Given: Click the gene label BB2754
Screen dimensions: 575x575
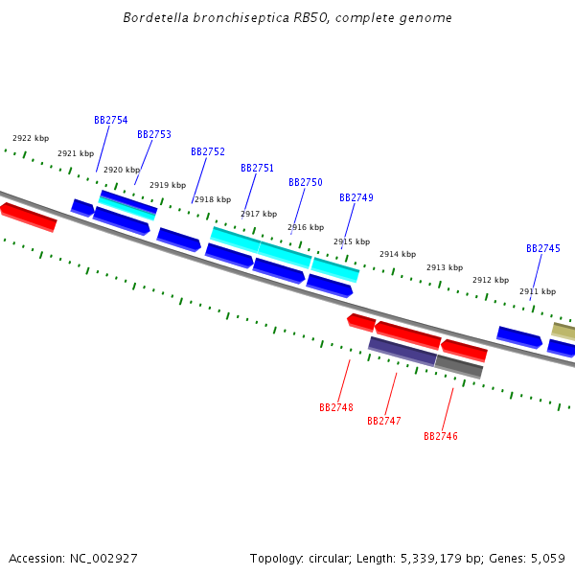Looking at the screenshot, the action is click(x=110, y=121).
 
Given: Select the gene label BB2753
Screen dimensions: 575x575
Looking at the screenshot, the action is click(x=153, y=135).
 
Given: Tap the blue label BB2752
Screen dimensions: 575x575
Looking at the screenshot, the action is click(x=208, y=152).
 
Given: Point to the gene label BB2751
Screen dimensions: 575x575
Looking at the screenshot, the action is click(x=257, y=169).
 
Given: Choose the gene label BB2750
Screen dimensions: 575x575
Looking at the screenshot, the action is click(x=305, y=183).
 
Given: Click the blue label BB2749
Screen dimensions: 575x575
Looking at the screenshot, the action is click(x=356, y=198).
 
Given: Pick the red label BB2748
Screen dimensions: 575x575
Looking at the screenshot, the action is click(x=336, y=407).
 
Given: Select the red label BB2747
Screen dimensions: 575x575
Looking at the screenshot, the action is click(x=383, y=422).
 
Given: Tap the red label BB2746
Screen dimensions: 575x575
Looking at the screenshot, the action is click(x=441, y=436).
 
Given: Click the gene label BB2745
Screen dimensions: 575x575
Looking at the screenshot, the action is click(x=542, y=249).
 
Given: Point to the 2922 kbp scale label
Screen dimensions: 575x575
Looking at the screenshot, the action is click(x=31, y=139).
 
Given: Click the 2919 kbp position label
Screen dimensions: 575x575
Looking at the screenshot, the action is click(x=168, y=186).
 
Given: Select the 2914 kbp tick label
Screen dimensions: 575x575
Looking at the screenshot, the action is click(x=398, y=255).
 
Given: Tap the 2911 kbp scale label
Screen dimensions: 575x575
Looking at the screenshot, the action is click(x=538, y=292).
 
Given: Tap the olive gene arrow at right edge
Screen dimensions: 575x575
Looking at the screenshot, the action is click(x=563, y=332).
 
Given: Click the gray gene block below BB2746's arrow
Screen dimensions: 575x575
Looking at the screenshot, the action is click(x=459, y=366).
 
